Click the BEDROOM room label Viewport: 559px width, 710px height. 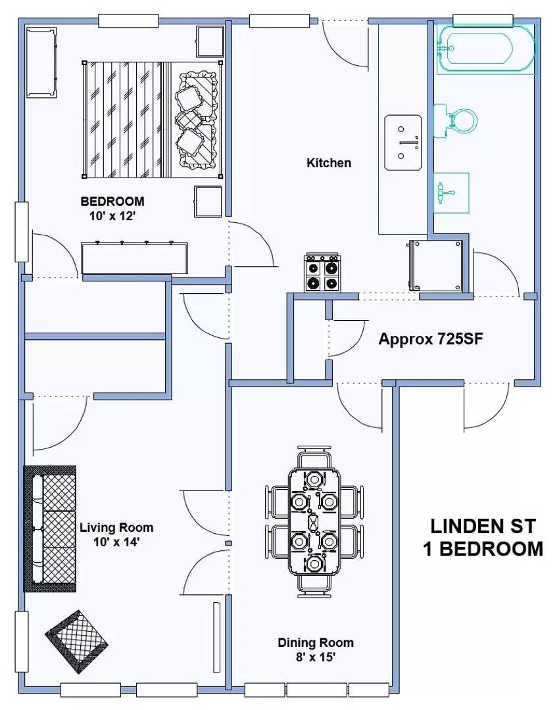pyautogui.click(x=112, y=201)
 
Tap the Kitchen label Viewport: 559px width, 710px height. pyautogui.click(x=329, y=162)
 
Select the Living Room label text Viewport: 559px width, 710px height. pyautogui.click(x=116, y=527)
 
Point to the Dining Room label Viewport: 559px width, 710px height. pyautogui.click(x=316, y=642)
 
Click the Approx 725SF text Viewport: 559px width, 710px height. pyautogui.click(x=431, y=339)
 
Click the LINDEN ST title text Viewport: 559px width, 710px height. pyautogui.click(x=483, y=526)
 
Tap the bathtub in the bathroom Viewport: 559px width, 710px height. pyautogui.click(x=485, y=49)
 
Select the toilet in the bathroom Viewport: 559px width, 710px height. pyautogui.click(x=455, y=121)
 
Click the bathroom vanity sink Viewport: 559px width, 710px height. pyautogui.click(x=451, y=193)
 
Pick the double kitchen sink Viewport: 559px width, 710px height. pyautogui.click(x=403, y=143)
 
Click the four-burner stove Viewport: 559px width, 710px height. pyautogui.click(x=322, y=273)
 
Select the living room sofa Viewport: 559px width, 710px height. pyautogui.click(x=50, y=529)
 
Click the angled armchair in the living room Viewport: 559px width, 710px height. pyautogui.click(x=76, y=642)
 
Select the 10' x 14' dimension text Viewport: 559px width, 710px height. pyautogui.click(x=116, y=542)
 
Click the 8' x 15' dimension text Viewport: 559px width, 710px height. pyautogui.click(x=316, y=657)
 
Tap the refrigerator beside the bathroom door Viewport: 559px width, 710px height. pyautogui.click(x=435, y=266)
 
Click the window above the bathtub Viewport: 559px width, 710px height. pyautogui.click(x=483, y=20)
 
